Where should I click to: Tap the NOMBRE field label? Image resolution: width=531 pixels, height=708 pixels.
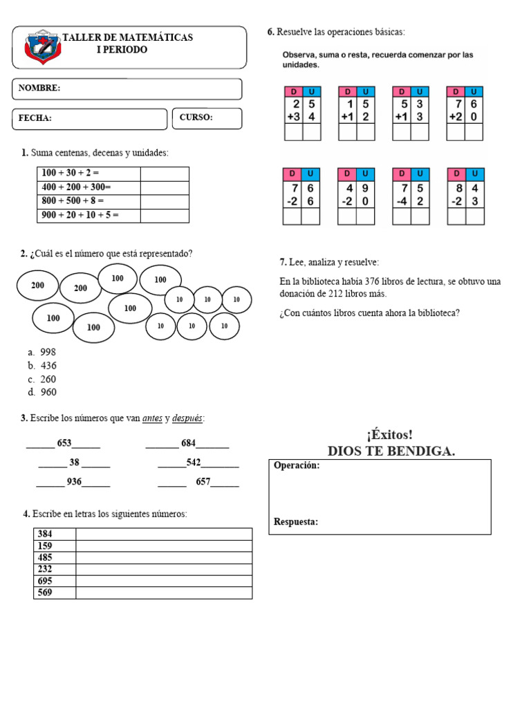(x=39, y=88)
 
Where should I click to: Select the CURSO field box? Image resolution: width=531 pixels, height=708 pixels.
(x=207, y=118)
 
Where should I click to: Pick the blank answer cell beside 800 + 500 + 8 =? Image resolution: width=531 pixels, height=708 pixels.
(x=165, y=201)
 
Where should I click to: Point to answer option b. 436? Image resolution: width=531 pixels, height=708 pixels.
(x=43, y=366)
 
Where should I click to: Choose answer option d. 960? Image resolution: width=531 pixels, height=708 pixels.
(x=43, y=392)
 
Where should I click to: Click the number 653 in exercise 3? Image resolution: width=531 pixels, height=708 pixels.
(x=64, y=443)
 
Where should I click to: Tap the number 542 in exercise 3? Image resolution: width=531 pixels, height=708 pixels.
(x=194, y=462)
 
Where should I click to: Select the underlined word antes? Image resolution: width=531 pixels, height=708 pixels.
(x=152, y=418)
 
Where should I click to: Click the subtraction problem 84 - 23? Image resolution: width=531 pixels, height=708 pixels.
(x=465, y=197)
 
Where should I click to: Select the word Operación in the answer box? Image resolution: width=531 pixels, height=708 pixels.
(x=297, y=466)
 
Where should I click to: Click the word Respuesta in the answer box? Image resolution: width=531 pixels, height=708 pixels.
(x=296, y=522)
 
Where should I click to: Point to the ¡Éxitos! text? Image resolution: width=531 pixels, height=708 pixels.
(x=391, y=435)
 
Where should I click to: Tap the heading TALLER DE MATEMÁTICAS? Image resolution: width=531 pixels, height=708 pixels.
(x=128, y=37)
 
